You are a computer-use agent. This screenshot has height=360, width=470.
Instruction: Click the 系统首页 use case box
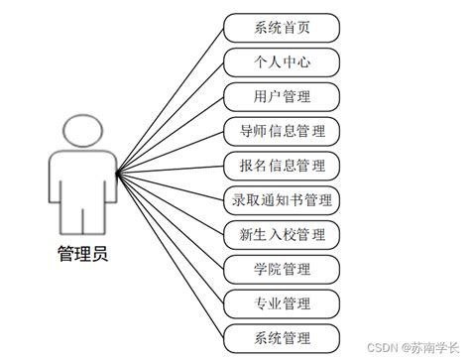pos(283,27)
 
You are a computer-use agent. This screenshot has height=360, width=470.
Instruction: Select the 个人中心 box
pos(283,61)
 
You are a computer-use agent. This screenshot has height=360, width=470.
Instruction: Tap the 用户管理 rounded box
pos(283,96)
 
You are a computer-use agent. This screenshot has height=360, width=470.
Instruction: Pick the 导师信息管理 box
pos(283,130)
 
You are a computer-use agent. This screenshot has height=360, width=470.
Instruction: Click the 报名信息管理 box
pos(283,165)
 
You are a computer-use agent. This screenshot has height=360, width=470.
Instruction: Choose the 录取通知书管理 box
pos(283,199)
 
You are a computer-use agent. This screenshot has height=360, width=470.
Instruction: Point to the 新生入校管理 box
pos(283,234)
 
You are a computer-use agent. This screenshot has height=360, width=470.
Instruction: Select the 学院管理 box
pos(283,269)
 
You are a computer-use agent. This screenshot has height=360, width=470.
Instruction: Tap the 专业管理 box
pos(283,302)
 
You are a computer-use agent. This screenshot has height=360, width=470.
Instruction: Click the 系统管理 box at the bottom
pos(283,337)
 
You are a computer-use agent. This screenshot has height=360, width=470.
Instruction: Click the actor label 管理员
pos(82,254)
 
